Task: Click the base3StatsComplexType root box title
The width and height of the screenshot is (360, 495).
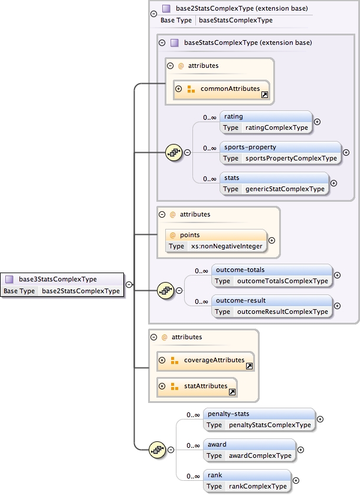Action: pyautogui.click(x=58, y=279)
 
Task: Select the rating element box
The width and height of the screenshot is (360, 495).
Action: pyautogui.click(x=266, y=122)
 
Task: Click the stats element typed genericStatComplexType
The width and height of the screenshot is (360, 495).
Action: pyautogui.click(x=274, y=183)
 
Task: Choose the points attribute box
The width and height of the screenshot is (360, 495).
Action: pyautogui.click(x=216, y=240)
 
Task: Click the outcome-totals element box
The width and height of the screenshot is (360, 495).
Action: pyautogui.click(x=271, y=275)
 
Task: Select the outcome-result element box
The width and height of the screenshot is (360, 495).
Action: pyautogui.click(x=271, y=306)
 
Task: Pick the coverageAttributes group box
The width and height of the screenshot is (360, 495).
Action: pyautogui.click(x=205, y=360)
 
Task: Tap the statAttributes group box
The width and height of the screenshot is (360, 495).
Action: pyautogui.click(x=197, y=386)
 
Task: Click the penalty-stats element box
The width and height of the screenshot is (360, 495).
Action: pyautogui.click(x=258, y=419)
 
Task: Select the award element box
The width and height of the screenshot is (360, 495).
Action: pyautogui.click(x=249, y=450)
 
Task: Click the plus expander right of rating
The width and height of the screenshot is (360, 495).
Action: pyautogui.click(x=317, y=122)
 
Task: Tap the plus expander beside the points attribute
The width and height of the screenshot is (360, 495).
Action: pyautogui.click(x=272, y=240)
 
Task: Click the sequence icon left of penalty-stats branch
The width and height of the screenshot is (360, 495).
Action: pyautogui.click(x=158, y=450)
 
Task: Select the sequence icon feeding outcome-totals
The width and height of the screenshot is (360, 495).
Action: pyautogui.click(x=166, y=290)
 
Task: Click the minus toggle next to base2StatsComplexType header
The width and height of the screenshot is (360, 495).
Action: pyautogui.click(x=153, y=12)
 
